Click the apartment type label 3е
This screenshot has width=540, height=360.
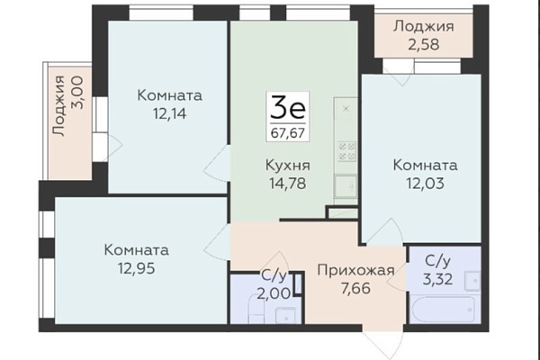tap(288, 107)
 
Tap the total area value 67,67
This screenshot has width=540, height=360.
tap(288, 132)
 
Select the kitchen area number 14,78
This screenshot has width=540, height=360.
tap(288, 184)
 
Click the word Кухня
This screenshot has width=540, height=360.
tap(288, 166)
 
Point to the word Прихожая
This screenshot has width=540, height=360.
tap(355, 270)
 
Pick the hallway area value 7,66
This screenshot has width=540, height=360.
tap(355, 288)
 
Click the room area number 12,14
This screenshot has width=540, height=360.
tap(170, 113)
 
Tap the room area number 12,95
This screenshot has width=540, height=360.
tap(137, 268)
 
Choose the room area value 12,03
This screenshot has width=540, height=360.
tap(425, 184)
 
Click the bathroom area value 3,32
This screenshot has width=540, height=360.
tap(437, 279)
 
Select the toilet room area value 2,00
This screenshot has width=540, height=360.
tap(274, 293)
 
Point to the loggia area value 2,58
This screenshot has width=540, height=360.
tap(424, 44)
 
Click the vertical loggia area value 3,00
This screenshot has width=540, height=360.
tap(76, 93)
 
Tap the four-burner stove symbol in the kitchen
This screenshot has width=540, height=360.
tap(346, 151)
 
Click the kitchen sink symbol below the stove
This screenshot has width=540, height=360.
tap(346, 186)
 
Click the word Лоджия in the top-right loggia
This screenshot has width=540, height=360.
tap(424, 26)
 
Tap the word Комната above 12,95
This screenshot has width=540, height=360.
tap(137, 250)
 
